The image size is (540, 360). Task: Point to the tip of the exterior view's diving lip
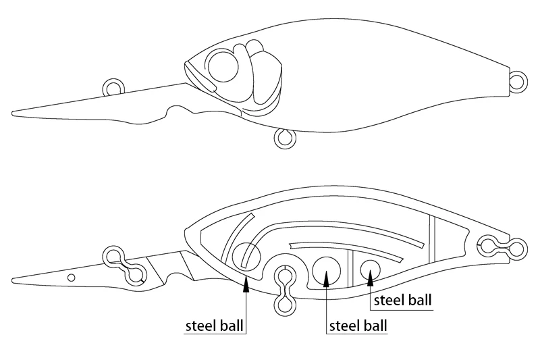tap(13, 113)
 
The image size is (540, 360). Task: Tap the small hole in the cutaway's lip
tap(72, 278)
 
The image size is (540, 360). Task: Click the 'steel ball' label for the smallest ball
tap(402, 301)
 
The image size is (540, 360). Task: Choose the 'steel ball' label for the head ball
tap(214, 326)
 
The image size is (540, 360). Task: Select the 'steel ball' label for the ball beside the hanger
tap(358, 326)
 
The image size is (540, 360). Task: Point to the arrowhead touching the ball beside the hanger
tap(327, 278)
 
